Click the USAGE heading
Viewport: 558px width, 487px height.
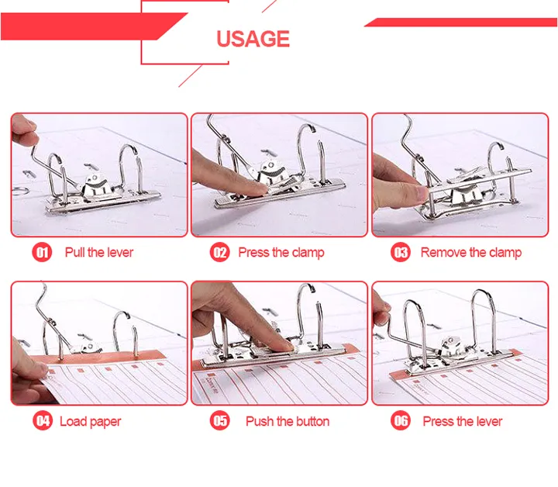pyautogui.click(x=253, y=39)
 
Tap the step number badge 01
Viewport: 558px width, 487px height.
pyautogui.click(x=42, y=252)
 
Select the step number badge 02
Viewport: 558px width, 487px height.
pyautogui.click(x=220, y=252)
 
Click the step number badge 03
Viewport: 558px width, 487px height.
pyautogui.click(x=401, y=252)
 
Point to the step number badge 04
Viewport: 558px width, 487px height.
pyautogui.click(x=42, y=421)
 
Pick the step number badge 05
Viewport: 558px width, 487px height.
pyautogui.click(x=220, y=421)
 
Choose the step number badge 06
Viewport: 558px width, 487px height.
pyautogui.click(x=401, y=421)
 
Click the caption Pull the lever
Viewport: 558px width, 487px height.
pyautogui.click(x=99, y=252)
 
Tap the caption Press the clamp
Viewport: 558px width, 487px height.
pyautogui.click(x=281, y=252)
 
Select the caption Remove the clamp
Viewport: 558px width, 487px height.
pyautogui.click(x=471, y=252)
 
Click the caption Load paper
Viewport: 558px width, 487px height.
pyautogui.click(x=91, y=422)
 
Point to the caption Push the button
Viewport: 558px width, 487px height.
pyautogui.click(x=288, y=422)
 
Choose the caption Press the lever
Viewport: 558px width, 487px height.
pyautogui.click(x=463, y=422)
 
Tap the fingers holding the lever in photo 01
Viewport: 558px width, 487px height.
pyautogui.click(x=25, y=129)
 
